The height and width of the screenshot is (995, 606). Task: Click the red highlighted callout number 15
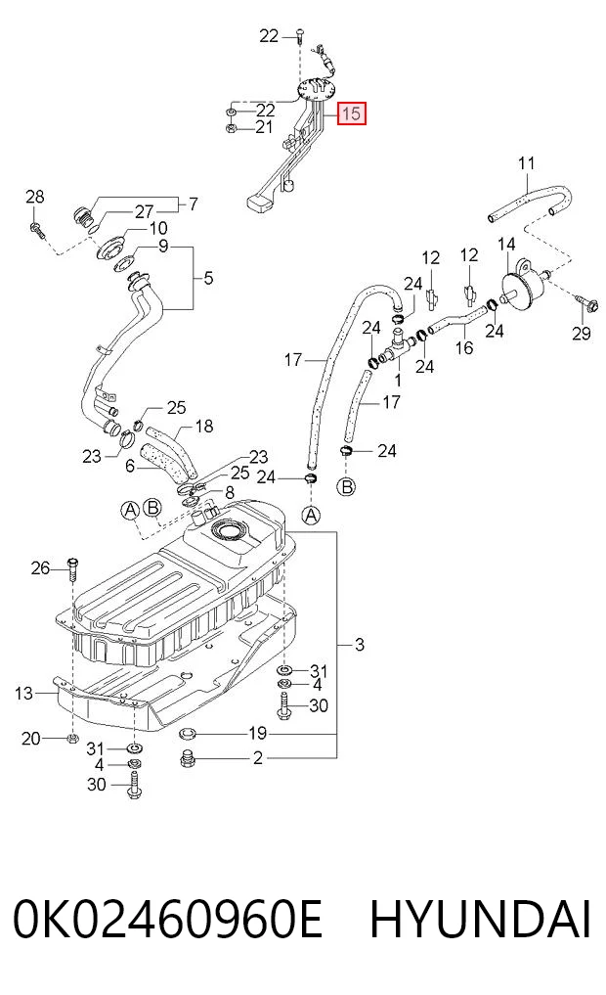click(x=351, y=113)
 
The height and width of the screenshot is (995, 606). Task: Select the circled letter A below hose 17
click(x=311, y=516)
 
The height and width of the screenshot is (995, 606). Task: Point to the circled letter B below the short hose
click(x=347, y=486)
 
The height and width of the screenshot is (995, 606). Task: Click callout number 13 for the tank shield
click(x=23, y=693)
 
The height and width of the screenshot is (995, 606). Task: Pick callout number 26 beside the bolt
click(x=40, y=567)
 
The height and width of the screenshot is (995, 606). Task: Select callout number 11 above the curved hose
click(x=526, y=163)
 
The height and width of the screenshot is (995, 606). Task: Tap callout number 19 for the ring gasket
click(x=257, y=734)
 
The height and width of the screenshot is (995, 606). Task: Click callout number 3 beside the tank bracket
click(x=360, y=645)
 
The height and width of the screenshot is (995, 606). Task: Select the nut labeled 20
click(x=71, y=738)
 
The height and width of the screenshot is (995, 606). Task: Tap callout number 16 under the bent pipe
click(x=464, y=347)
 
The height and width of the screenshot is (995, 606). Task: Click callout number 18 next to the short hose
click(x=204, y=426)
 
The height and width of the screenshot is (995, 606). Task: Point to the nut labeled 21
click(x=232, y=127)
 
